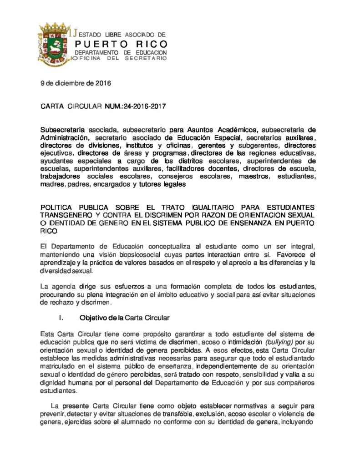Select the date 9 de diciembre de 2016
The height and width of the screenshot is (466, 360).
[x=76, y=83]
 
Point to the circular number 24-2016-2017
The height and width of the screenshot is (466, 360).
[x=141, y=107]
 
